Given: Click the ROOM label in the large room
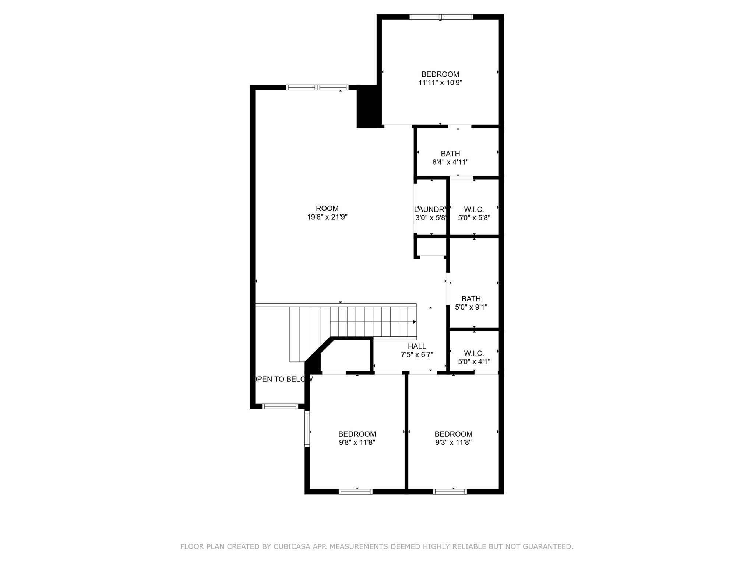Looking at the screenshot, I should pyautogui.click(x=327, y=209).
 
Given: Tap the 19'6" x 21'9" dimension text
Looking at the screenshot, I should pyautogui.click(x=327, y=217).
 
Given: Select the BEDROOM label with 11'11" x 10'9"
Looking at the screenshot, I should pyautogui.click(x=440, y=74).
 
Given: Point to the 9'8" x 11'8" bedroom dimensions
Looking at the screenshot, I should pyautogui.click(x=357, y=443).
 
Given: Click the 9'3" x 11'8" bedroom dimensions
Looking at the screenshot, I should pyautogui.click(x=453, y=443).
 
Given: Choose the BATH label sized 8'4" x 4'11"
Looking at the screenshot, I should pyautogui.click(x=450, y=154).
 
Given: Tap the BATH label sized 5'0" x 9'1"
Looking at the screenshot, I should pyautogui.click(x=471, y=299).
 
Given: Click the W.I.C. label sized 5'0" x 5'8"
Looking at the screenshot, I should pyautogui.click(x=474, y=210).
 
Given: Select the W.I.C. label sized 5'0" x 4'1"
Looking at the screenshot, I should pyautogui.click(x=474, y=353).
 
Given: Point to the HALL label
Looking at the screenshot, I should pyautogui.click(x=417, y=346).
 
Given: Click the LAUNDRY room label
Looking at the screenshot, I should pyautogui.click(x=430, y=210).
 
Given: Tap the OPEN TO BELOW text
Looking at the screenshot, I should pyautogui.click(x=282, y=379).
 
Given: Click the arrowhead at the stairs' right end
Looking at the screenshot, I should pyautogui.click(x=414, y=322).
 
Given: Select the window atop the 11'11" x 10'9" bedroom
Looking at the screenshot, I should pyautogui.click(x=441, y=17).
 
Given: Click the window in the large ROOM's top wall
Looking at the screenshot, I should pyautogui.click(x=317, y=87).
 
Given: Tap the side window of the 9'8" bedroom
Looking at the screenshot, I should pyautogui.click(x=307, y=429).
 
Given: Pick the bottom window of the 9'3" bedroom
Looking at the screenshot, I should pyautogui.click(x=450, y=491).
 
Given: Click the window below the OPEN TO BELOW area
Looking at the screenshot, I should pyautogui.click(x=280, y=406).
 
